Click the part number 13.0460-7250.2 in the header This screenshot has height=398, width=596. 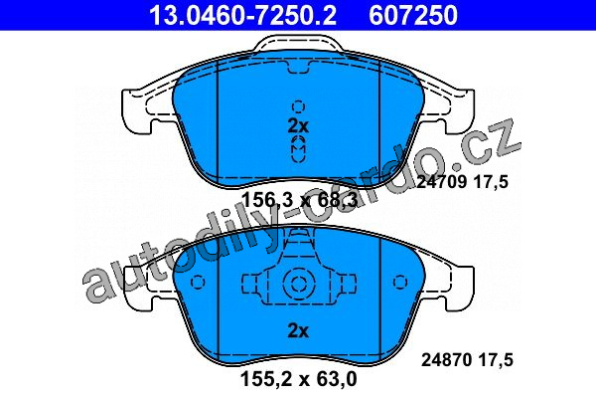click(242, 15)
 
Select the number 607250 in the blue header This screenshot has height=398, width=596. click(413, 15)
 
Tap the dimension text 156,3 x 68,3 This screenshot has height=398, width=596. click(299, 200)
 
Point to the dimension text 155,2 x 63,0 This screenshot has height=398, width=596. click(299, 378)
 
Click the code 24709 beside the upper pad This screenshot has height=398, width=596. click(441, 182)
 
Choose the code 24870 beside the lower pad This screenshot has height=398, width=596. click(446, 359)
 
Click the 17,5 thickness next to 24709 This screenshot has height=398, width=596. click(491, 182)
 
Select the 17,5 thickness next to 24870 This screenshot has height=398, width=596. click(496, 360)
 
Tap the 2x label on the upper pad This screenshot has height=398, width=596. click(298, 126)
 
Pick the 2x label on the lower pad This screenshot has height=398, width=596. click(298, 331)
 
